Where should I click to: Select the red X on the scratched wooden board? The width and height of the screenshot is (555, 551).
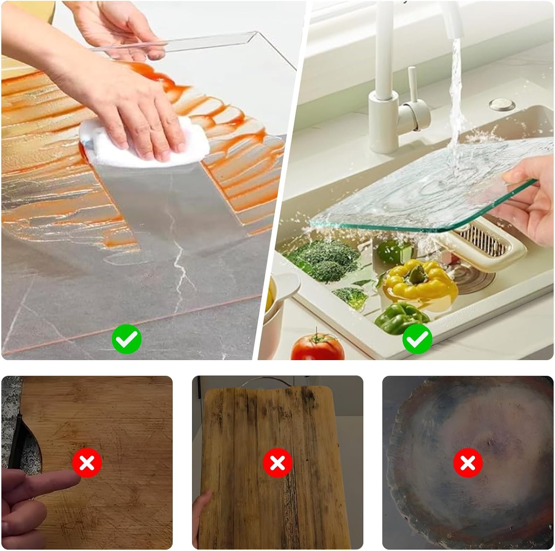87,463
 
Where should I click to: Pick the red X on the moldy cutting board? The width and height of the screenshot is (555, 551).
277,463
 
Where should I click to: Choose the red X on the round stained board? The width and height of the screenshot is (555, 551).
468,463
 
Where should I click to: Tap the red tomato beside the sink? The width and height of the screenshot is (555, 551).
317,348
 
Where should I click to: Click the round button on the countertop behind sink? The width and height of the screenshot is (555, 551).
502,104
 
